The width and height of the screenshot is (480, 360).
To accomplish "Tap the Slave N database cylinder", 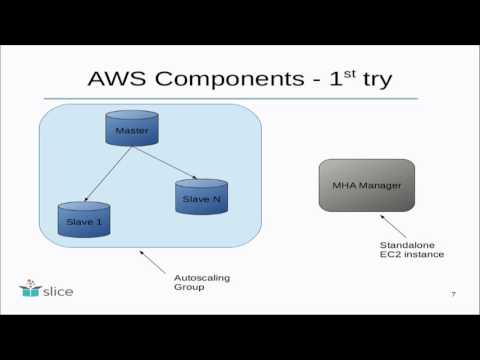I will (x=196, y=198).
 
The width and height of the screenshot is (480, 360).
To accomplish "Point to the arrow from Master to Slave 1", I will (x=105, y=175).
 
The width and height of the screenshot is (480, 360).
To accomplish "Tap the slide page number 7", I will (x=454, y=294).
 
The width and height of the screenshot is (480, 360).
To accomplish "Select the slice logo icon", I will (x=29, y=290).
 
